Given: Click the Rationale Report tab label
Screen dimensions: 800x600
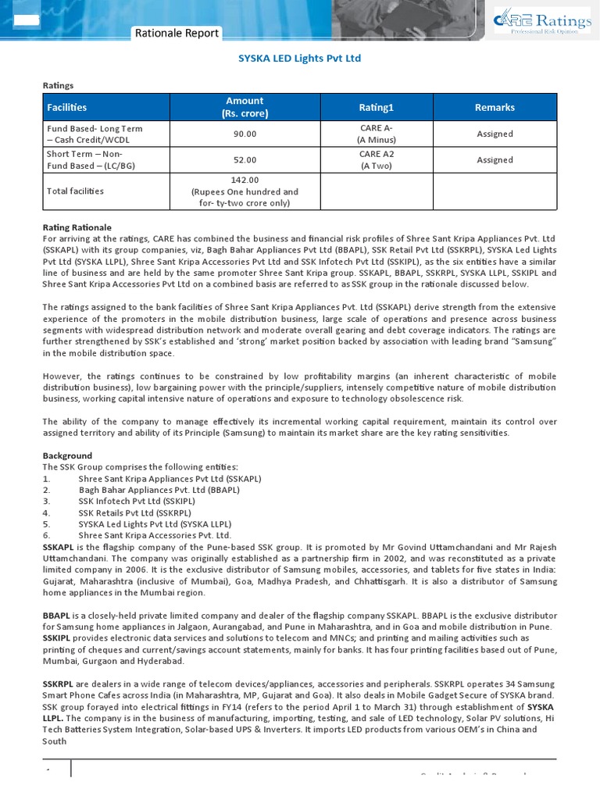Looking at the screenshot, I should tap(177, 33).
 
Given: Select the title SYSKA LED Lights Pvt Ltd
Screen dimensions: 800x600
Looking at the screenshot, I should tap(299, 59).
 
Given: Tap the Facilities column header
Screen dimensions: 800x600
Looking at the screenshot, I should tap(67, 107).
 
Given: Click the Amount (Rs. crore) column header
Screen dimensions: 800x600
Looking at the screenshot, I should tap(245, 107).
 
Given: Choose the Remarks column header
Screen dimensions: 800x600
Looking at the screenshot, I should tap(495, 107).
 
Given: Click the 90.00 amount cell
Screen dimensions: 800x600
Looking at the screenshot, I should tap(245, 134).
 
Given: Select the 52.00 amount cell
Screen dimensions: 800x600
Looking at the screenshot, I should tap(245, 160).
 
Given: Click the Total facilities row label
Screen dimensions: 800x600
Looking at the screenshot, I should tap(75, 191).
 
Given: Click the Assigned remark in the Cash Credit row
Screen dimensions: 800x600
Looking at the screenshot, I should tap(495, 134).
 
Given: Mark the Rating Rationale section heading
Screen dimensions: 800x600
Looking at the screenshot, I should tap(77, 227).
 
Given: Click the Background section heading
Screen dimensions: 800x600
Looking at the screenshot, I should tap(67, 455).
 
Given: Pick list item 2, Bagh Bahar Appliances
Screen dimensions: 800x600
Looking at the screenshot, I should tap(159, 490).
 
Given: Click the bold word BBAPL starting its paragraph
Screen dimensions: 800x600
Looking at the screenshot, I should tap(57, 616).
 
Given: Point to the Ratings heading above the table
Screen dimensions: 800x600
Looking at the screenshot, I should tap(58, 85).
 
